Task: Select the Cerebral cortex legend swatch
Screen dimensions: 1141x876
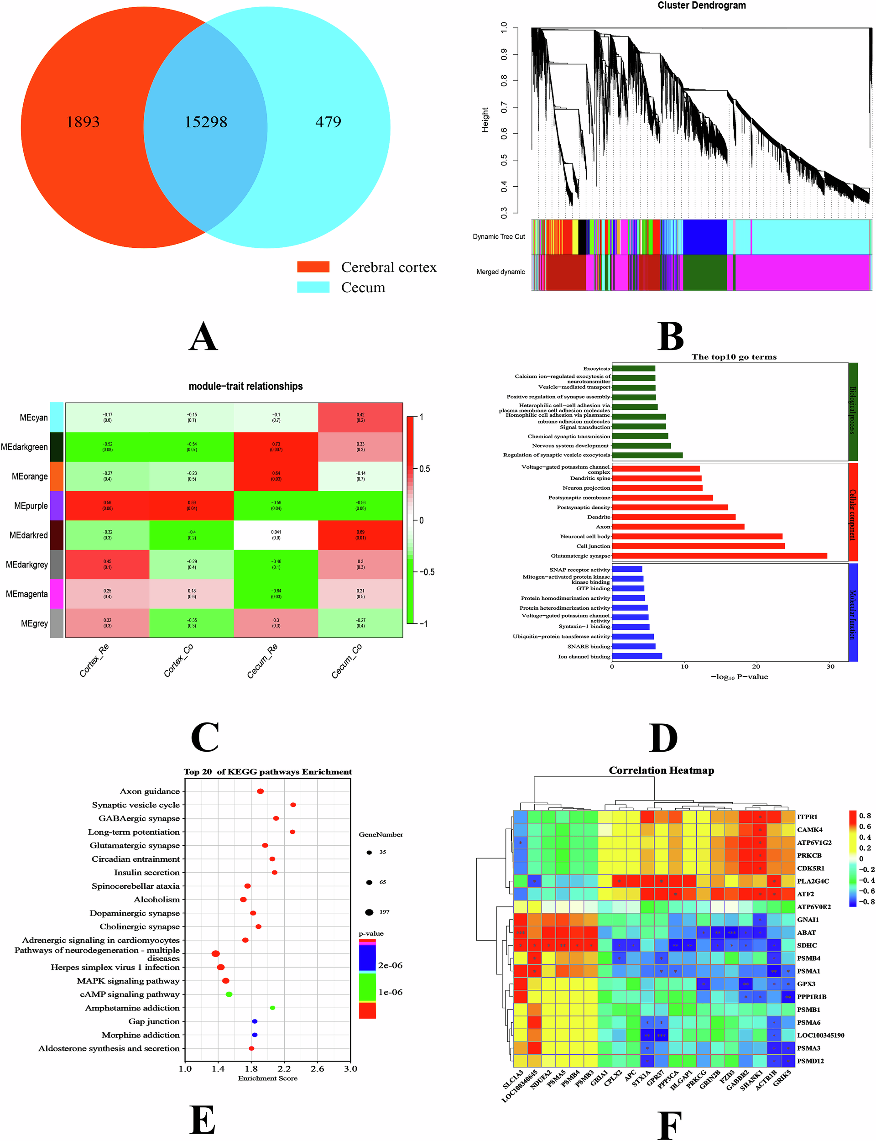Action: click(x=313, y=267)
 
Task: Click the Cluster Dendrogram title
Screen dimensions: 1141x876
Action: click(x=701, y=6)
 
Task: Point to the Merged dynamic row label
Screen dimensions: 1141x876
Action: click(x=500, y=272)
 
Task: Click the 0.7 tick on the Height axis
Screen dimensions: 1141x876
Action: click(x=504, y=107)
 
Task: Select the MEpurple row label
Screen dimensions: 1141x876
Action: click(x=31, y=506)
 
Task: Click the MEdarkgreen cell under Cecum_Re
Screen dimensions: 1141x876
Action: click(x=276, y=447)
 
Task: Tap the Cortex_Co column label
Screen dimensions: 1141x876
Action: click(x=178, y=660)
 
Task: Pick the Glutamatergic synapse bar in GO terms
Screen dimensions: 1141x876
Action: click(x=719, y=556)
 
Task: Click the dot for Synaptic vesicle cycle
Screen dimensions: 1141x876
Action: click(x=293, y=805)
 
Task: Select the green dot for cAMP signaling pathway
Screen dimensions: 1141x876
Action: click(x=229, y=994)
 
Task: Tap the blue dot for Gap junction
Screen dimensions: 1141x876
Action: click(x=255, y=1021)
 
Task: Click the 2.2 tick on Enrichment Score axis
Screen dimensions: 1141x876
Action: click(x=284, y=1068)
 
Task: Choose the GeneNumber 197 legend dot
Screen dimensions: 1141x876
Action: click(x=369, y=912)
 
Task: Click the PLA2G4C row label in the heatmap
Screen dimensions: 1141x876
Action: click(x=813, y=881)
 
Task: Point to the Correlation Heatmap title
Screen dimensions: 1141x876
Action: click(x=661, y=770)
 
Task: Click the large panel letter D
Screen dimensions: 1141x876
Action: click(x=663, y=738)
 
